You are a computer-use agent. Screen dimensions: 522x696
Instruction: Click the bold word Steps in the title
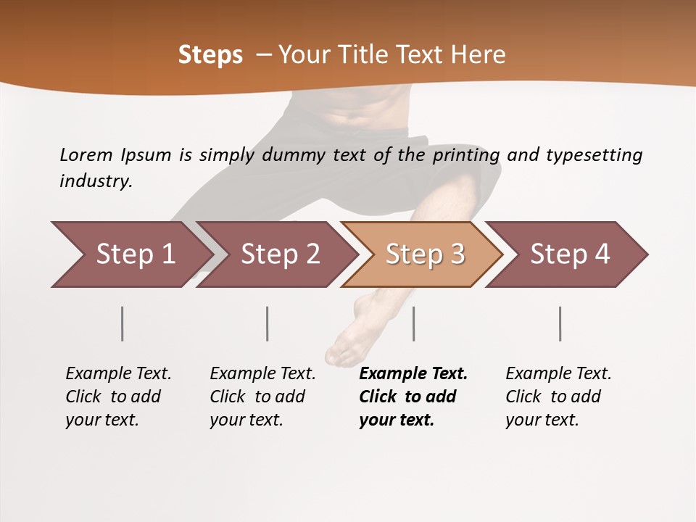pyautogui.click(x=210, y=55)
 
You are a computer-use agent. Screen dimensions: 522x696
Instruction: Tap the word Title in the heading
pyautogui.click(x=362, y=55)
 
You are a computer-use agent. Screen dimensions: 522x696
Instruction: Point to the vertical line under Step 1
pyautogui.click(x=123, y=323)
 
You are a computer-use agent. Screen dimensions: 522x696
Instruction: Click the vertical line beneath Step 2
pyautogui.click(x=268, y=323)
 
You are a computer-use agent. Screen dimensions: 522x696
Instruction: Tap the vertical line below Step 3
pyautogui.click(x=413, y=323)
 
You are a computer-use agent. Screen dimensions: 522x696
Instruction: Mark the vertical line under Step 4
pyautogui.click(x=560, y=323)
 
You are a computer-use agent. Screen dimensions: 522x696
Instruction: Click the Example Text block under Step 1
pyautogui.click(x=118, y=397)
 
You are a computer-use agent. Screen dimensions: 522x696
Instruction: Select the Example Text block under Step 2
pyautogui.click(x=262, y=397)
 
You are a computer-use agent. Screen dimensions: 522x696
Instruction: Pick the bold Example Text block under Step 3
pyautogui.click(x=413, y=397)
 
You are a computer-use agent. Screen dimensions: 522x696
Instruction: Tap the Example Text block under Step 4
pyautogui.click(x=558, y=397)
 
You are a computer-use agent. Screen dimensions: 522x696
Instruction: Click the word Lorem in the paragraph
pyautogui.click(x=86, y=155)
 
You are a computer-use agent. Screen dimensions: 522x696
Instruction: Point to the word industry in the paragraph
pyautogui.click(x=95, y=181)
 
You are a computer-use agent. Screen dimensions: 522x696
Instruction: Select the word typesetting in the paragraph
pyautogui.click(x=594, y=155)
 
